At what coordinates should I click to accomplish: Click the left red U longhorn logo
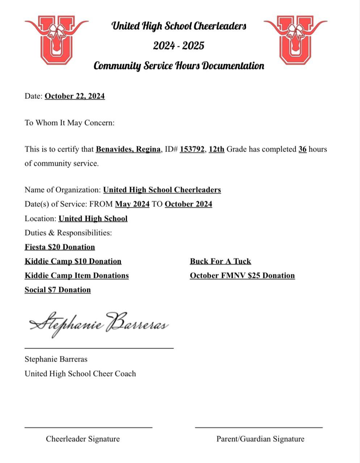click(56, 40)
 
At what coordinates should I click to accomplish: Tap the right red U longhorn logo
click(295, 40)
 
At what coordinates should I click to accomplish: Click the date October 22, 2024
click(75, 96)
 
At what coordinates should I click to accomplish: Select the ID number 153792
click(192, 149)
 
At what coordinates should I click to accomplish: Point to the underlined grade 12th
click(216, 149)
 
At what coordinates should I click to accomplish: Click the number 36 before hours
click(302, 149)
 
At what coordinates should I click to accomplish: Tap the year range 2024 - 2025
click(178, 46)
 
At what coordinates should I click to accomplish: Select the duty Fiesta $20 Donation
click(60, 247)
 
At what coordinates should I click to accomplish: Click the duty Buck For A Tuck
click(220, 261)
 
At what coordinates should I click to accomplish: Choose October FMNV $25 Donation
click(242, 276)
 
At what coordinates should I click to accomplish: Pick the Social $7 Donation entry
click(58, 290)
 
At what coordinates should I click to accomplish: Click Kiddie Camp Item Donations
click(77, 276)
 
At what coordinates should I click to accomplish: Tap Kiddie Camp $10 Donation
click(73, 261)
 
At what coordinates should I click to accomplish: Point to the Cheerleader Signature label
click(82, 439)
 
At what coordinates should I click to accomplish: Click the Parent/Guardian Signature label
click(260, 439)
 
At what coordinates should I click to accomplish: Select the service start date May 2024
click(132, 204)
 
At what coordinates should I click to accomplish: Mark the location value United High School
click(93, 218)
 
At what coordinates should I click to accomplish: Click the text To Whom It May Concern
click(69, 123)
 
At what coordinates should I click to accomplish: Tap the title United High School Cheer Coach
click(80, 374)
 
